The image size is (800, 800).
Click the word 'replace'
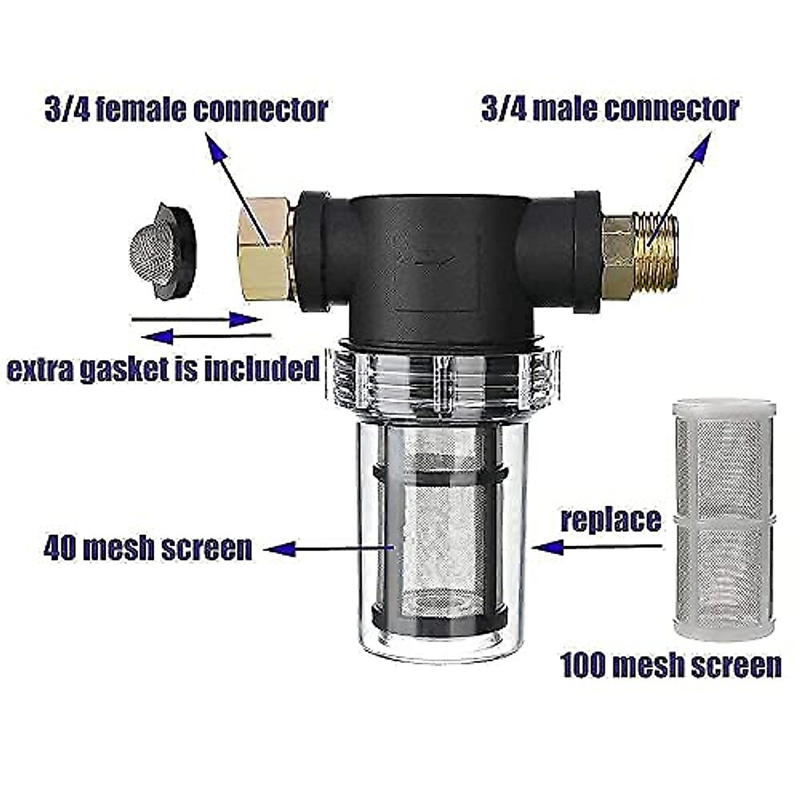click(x=611, y=520)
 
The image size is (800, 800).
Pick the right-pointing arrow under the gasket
click(x=245, y=320)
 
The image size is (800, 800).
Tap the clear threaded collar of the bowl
click(x=440, y=380)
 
